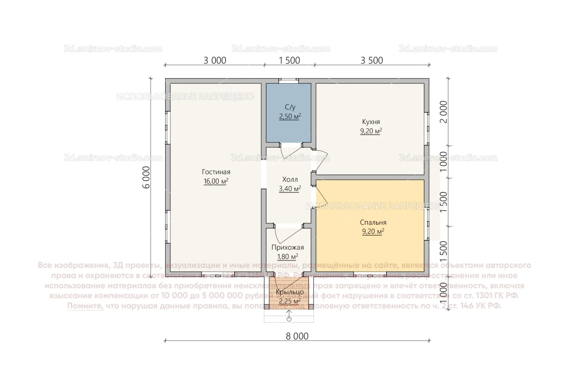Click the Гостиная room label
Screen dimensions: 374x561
216,172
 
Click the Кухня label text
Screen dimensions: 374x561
371,122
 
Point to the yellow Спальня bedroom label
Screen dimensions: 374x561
373,223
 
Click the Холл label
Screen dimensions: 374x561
290,179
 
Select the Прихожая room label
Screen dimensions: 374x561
287,248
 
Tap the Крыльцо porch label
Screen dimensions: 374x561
290,292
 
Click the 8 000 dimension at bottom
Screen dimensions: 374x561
297,336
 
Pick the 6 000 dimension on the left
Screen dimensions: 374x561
146,177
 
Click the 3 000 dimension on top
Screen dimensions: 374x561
215,61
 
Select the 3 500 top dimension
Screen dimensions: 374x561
372,61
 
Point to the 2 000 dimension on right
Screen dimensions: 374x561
443,112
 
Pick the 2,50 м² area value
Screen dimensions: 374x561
290,117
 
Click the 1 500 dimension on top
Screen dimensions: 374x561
290,61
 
